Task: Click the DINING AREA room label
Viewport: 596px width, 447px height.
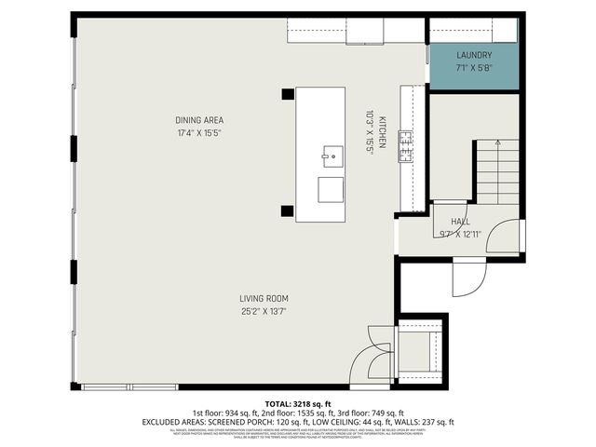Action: click(199, 120)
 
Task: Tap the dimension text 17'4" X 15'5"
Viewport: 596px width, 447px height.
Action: click(199, 133)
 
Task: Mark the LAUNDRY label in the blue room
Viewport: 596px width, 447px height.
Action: click(473, 55)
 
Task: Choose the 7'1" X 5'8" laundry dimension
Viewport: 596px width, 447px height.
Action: click(473, 67)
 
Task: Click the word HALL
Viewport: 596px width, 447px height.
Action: click(460, 222)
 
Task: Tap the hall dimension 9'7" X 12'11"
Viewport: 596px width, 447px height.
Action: click(460, 234)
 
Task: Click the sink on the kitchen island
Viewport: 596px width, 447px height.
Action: click(331, 153)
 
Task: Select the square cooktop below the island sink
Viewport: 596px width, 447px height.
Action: click(331, 189)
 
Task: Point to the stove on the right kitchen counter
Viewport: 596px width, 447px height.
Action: click(406, 147)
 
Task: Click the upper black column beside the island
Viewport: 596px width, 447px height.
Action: click(288, 94)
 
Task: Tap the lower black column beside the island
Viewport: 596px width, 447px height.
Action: click(288, 211)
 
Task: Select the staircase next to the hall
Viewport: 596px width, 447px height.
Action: click(497, 172)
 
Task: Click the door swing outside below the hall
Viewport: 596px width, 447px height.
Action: click(469, 277)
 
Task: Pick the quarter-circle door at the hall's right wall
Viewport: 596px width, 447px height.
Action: click(507, 237)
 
